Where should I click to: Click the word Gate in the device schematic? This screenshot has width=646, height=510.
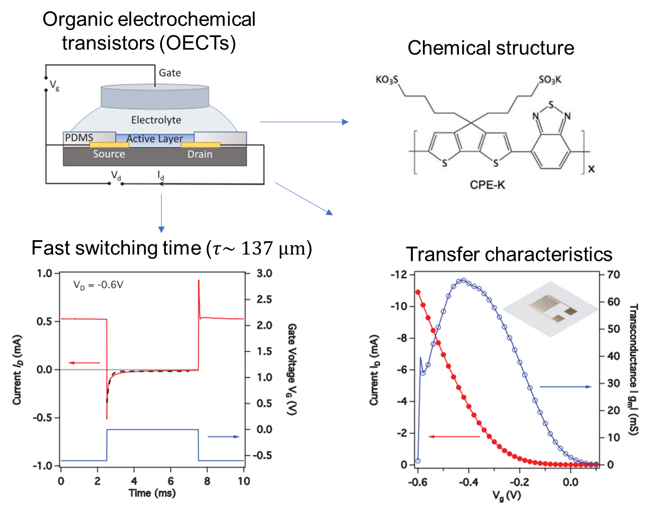tap(170, 72)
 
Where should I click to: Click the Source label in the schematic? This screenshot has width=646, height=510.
tap(109, 154)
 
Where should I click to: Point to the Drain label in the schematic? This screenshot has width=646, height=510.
tap(199, 154)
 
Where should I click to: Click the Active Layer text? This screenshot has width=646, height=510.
tap(155, 139)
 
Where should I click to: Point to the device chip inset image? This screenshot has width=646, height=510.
tap(546, 312)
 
